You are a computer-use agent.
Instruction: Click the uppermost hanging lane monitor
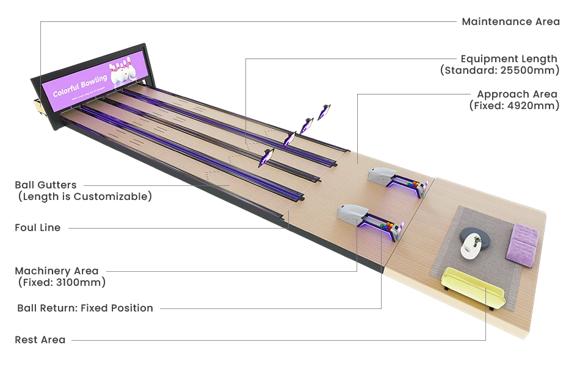(x=325, y=112)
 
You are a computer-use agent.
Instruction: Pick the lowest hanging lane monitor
(x=266, y=158)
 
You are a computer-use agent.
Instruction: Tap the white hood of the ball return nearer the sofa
(x=350, y=213)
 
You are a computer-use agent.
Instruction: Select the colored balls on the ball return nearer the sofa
(x=386, y=226)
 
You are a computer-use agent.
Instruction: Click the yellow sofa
(x=471, y=288)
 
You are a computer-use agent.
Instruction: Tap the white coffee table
(x=471, y=246)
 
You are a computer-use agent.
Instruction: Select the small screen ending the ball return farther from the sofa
(x=427, y=183)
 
